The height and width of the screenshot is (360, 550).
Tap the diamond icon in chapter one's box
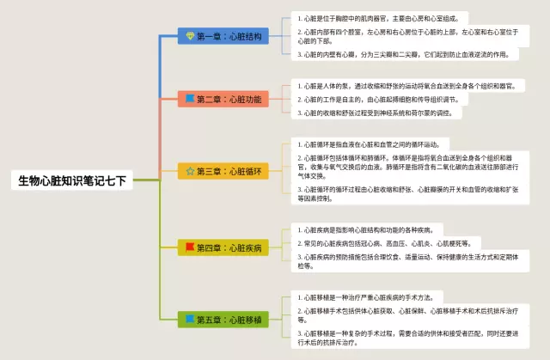191,36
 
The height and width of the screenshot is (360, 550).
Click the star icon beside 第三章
191,171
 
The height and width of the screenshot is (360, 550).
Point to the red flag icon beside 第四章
191,248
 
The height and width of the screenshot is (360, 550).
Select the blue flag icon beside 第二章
191,100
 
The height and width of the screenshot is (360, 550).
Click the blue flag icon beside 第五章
191,320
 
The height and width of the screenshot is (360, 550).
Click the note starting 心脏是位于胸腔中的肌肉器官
378,17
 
